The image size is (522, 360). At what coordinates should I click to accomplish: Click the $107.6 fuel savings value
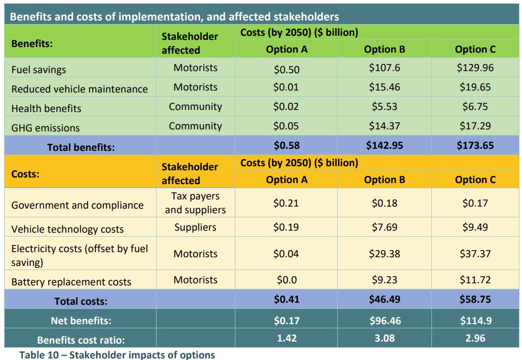click(x=384, y=67)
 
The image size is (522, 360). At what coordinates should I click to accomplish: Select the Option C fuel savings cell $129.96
click(x=475, y=67)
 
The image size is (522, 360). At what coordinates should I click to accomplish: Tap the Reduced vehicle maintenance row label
click(x=79, y=89)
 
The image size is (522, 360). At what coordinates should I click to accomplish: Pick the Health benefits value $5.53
click(x=384, y=107)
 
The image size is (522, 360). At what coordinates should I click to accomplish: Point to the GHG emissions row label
click(x=46, y=128)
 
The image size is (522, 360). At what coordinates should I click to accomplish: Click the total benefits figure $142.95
click(x=384, y=145)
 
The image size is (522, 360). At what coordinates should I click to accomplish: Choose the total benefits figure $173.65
click(x=475, y=145)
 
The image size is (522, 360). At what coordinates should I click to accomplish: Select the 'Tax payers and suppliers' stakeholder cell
click(x=195, y=203)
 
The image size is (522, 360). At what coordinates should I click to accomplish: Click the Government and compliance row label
click(x=77, y=205)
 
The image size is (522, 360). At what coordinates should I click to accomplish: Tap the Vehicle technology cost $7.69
click(x=384, y=227)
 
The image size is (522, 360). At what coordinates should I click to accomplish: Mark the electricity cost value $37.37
click(x=475, y=254)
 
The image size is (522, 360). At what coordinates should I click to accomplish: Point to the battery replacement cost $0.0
click(x=286, y=280)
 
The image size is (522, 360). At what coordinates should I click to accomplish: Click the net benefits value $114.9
click(x=475, y=321)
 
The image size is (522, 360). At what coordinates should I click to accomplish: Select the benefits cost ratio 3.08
click(x=384, y=338)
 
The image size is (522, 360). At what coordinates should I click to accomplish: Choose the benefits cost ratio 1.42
click(x=286, y=338)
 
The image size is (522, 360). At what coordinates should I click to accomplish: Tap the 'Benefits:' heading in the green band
click(x=32, y=43)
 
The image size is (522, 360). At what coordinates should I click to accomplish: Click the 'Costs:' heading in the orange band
click(x=25, y=173)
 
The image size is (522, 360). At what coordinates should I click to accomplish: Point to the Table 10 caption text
click(x=117, y=355)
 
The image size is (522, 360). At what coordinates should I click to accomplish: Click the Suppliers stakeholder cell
click(x=195, y=227)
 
